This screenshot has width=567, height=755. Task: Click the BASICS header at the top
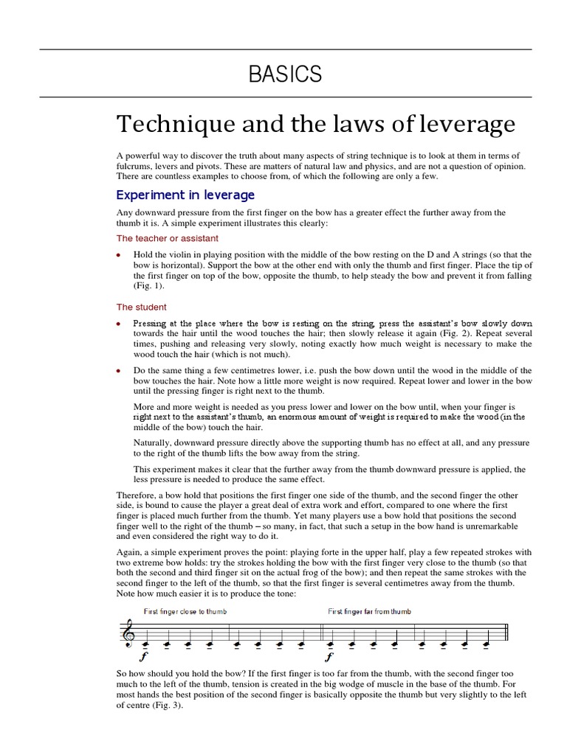pyautogui.click(x=285, y=74)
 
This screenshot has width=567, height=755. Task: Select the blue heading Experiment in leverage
pyautogui.click(x=185, y=195)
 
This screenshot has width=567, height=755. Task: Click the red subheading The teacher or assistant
pyautogui.click(x=168, y=238)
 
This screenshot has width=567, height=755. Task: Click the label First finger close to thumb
pyautogui.click(x=185, y=611)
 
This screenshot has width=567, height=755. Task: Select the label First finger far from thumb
pyautogui.click(x=370, y=611)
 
